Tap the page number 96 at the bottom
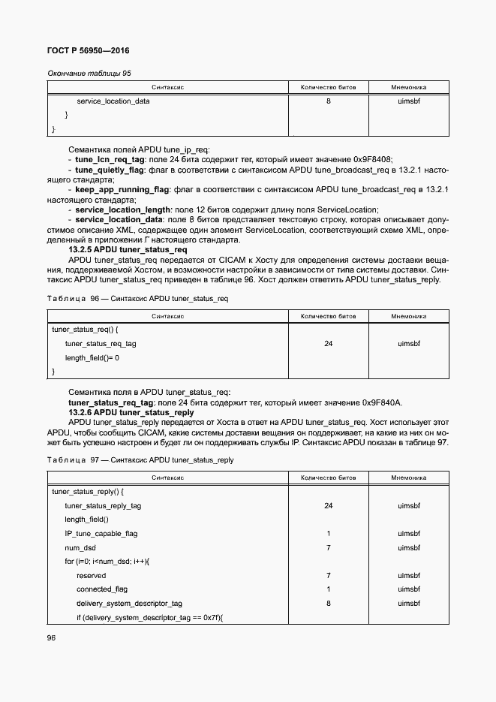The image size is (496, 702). tap(52, 637)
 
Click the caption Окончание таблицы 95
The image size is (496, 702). tap(89, 74)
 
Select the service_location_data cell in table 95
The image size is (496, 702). tap(113, 101)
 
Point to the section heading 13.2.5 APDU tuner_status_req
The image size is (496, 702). tap(128, 249)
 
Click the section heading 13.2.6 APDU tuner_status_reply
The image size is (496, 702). tap(131, 412)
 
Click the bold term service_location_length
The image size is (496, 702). tap(123, 209)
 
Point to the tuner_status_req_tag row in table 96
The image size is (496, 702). tap(101, 344)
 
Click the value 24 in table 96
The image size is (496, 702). tap(328, 344)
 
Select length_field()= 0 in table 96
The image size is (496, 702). tap(92, 357)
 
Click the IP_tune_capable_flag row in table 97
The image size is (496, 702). tap(101, 534)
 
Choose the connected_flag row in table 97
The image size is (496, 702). tap(102, 589)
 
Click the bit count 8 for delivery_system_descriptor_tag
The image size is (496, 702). tap(328, 603)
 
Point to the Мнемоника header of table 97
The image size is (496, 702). tap(408, 478)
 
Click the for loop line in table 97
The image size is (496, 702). tap(107, 562)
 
